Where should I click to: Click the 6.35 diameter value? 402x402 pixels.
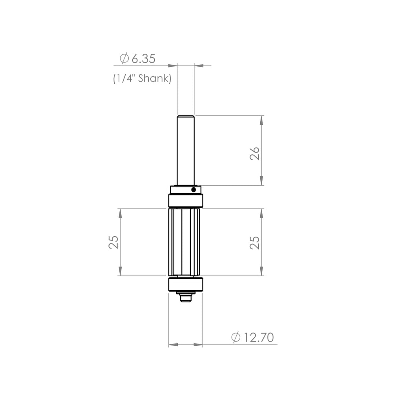click(x=143, y=59)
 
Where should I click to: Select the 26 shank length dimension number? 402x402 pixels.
click(x=255, y=153)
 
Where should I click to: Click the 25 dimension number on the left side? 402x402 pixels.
click(x=113, y=242)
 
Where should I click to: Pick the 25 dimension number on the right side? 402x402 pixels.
click(x=255, y=242)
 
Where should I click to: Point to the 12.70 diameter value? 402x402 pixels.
click(x=258, y=338)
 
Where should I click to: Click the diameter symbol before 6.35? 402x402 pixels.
click(x=124, y=59)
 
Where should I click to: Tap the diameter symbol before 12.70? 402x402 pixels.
click(x=236, y=338)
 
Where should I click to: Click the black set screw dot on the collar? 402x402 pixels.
click(x=194, y=190)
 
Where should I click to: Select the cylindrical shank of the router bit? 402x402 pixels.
click(x=186, y=149)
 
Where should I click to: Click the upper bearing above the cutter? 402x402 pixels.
click(x=186, y=201)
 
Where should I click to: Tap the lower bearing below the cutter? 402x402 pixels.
click(x=186, y=284)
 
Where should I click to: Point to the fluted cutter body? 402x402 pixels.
click(x=184, y=242)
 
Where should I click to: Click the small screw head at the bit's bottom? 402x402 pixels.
click(x=186, y=298)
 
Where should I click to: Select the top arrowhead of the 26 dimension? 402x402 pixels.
click(x=261, y=120)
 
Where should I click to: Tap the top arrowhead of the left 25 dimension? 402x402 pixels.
click(x=120, y=213)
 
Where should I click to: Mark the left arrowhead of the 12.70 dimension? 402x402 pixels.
click(x=173, y=345)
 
